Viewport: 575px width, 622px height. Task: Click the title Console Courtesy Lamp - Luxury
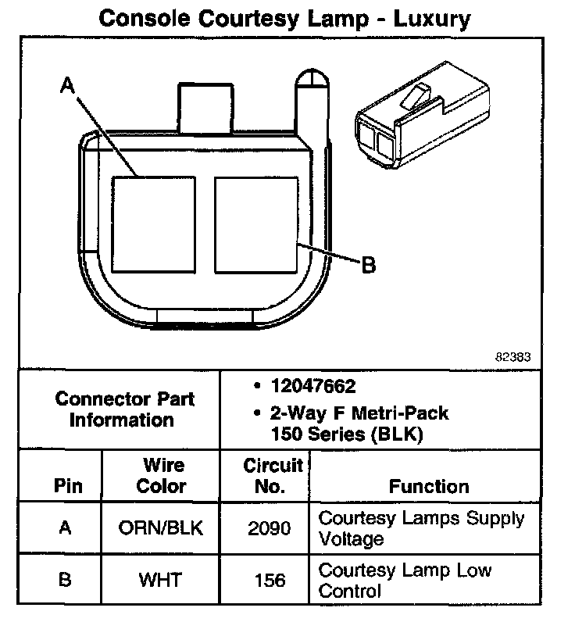point(286,19)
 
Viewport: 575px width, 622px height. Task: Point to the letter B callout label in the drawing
point(368,265)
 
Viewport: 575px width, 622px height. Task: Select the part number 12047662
point(312,387)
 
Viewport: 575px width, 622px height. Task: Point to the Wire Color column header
point(162,476)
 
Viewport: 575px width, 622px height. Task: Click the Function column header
point(429,486)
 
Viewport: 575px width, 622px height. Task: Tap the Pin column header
point(67,486)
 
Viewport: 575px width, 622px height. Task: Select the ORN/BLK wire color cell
point(162,528)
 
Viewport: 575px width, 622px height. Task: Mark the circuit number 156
point(270,581)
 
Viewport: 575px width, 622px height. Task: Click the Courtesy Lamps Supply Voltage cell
point(421,528)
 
